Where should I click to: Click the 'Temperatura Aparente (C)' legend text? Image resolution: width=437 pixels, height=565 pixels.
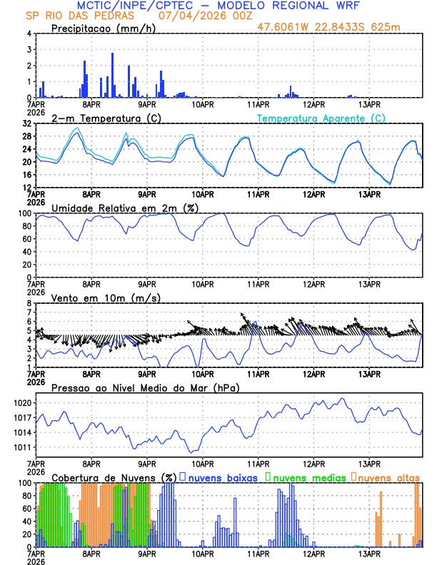(x=321, y=118)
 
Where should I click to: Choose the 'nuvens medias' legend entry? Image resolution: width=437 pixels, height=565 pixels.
(x=308, y=477)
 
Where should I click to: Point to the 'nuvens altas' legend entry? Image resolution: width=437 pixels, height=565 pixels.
(x=389, y=477)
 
